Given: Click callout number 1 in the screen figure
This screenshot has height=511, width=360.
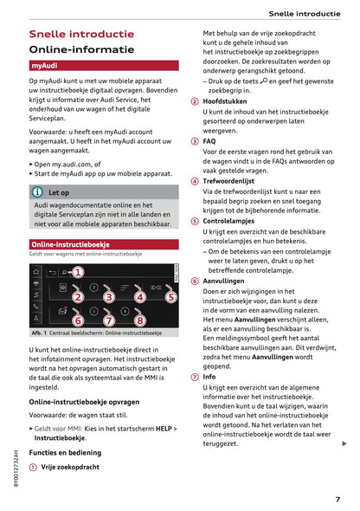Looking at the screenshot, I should pos(77,272).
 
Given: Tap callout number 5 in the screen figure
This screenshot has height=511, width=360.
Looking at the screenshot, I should pos(170,297).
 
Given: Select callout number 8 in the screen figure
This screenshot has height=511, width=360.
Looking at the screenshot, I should pos(139,320).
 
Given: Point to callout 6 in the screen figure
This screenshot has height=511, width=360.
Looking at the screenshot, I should pos(78,320).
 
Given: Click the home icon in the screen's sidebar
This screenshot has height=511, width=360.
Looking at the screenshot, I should pos(35,270).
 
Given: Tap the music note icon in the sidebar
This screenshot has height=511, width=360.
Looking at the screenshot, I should pos(35,294).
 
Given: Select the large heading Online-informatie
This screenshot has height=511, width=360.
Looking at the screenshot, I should pos(81,49).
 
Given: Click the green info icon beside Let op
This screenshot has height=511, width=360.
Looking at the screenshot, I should pos(38,192).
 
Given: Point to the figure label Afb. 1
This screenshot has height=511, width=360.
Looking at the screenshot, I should pos(38,333).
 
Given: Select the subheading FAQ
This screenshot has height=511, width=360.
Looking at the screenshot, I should pos(209,140).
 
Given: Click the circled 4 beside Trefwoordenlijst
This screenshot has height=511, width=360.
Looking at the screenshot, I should pos(195,181).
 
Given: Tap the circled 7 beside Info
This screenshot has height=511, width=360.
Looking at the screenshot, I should pos(195,378).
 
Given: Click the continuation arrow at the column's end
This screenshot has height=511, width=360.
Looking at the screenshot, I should pos(344,443).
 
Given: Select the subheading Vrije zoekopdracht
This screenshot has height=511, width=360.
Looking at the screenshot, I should pos(72,466).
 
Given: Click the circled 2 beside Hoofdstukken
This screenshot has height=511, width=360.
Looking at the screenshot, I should pos(195,100).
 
